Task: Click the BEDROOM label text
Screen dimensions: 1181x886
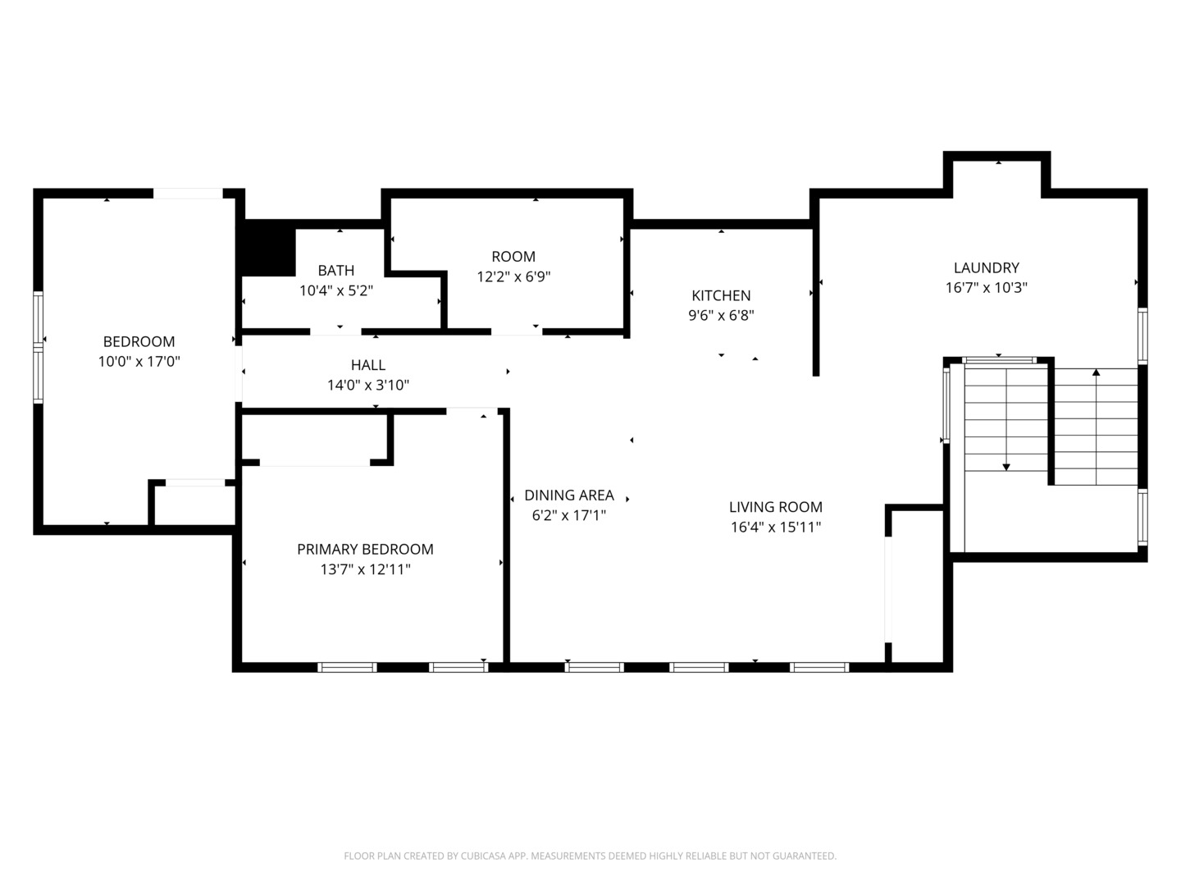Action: coord(139,341)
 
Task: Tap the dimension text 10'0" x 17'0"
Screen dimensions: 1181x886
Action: coord(139,362)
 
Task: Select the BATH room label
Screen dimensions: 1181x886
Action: coord(336,270)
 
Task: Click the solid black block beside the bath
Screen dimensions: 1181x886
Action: coord(267,249)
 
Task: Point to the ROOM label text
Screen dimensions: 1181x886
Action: coord(513,256)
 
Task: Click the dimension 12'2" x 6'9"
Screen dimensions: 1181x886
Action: coord(513,276)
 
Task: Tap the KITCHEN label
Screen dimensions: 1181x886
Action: coord(721,295)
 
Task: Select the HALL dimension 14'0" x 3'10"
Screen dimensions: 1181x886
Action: coord(367,385)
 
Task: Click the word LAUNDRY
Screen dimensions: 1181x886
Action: coord(986,267)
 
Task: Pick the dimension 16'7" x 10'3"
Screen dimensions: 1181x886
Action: coord(986,288)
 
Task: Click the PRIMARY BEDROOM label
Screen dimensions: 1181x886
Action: coord(365,549)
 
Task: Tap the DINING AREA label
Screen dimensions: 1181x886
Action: coord(568,495)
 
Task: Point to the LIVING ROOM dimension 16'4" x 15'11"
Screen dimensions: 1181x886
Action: coord(775,527)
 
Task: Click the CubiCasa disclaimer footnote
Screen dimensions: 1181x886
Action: coord(590,856)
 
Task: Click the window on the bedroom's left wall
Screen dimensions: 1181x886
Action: coord(38,347)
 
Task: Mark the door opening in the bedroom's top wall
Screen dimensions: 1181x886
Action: coord(188,194)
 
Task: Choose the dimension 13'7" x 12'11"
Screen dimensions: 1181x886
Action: coord(365,569)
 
